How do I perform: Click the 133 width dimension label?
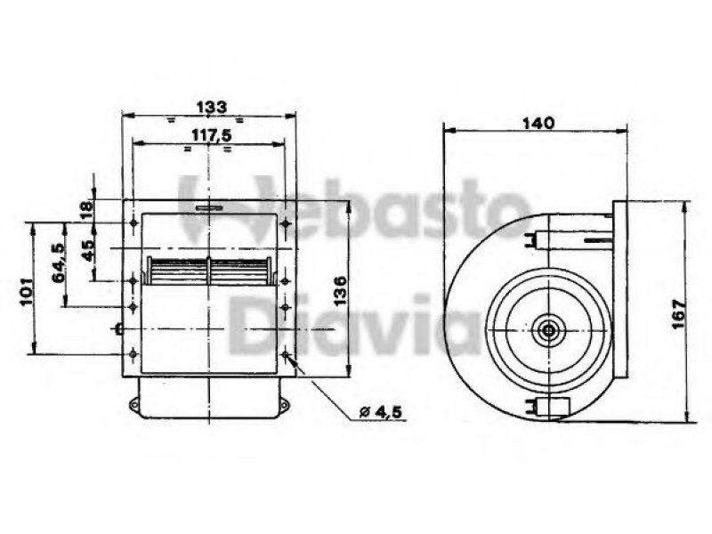tap(212, 107)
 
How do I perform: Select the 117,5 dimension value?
tap(212, 135)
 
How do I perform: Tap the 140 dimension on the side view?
tap(538, 123)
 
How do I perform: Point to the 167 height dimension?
tap(677, 314)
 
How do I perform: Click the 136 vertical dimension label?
tap(340, 291)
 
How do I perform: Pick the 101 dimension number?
tap(27, 291)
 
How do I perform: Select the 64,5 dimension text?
tap(59, 263)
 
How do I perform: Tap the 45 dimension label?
tap(87, 250)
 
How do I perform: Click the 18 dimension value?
tap(86, 209)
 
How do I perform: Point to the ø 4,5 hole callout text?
tap(381, 412)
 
